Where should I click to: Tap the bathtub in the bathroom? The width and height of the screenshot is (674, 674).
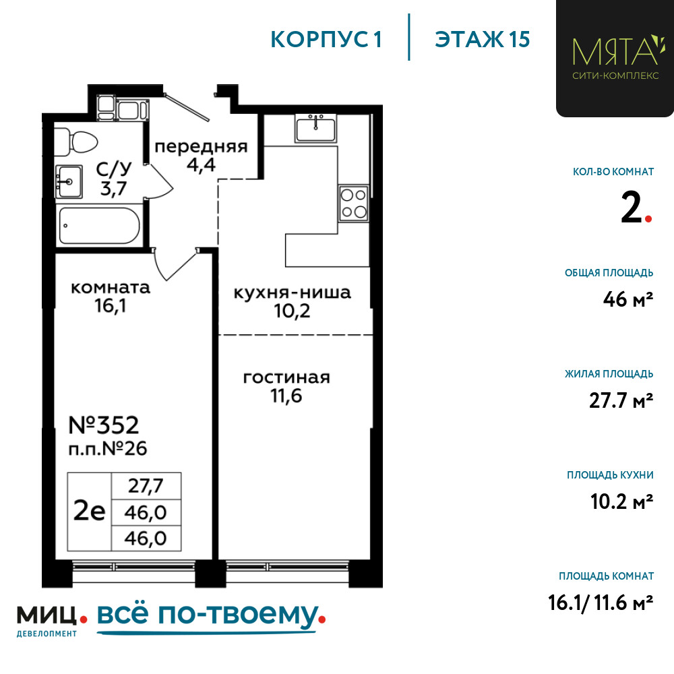(x=99, y=226)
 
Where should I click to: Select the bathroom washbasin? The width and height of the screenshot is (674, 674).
(x=69, y=181)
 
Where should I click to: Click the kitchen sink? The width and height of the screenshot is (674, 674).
(x=316, y=128)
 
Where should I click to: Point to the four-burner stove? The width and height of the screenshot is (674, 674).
(x=353, y=203)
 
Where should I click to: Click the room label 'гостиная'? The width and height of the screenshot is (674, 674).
(x=286, y=378)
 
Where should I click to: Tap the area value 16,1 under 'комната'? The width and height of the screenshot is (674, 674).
(x=111, y=306)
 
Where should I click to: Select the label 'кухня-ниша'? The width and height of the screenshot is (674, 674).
(x=293, y=293)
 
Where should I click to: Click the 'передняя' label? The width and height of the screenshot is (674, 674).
(x=201, y=147)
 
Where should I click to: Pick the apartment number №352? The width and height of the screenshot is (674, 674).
(x=104, y=425)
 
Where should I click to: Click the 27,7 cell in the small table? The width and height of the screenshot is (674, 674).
(x=146, y=486)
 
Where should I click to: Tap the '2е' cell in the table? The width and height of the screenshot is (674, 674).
(x=90, y=512)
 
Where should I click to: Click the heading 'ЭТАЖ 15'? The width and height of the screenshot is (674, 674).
(x=483, y=40)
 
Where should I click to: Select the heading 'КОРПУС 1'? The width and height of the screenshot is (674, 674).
(x=326, y=40)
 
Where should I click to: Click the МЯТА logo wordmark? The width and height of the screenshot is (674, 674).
(x=615, y=51)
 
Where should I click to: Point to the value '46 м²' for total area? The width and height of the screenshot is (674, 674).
(x=628, y=299)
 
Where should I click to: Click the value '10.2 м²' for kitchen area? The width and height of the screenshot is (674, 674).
(x=622, y=501)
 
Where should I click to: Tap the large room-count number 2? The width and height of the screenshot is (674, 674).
(x=631, y=207)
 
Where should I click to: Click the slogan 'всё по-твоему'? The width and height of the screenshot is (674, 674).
(x=208, y=615)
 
